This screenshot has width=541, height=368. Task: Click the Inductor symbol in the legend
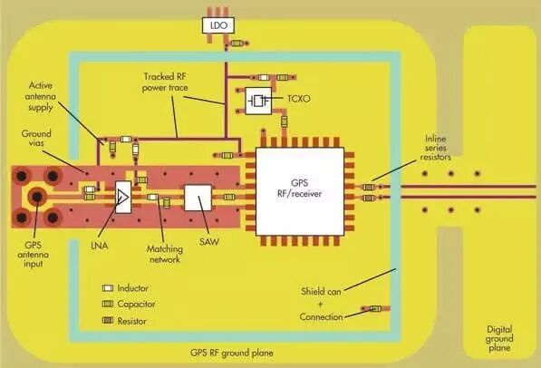[x=109, y=287]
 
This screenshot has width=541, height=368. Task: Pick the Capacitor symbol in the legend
[x=109, y=304]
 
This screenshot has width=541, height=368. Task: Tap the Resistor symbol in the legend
[x=109, y=320]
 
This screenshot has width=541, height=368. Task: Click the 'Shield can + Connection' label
[x=322, y=304]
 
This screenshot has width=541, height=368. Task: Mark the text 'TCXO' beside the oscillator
[x=298, y=101]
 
